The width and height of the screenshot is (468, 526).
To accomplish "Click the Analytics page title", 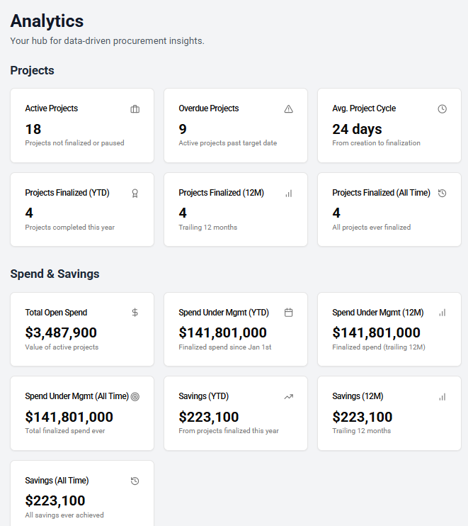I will click(47, 21).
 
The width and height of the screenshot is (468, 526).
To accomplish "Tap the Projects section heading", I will click(32, 70).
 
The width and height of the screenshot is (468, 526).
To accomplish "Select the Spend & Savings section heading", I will click(55, 274).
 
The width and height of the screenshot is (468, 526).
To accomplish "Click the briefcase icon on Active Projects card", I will click(135, 109).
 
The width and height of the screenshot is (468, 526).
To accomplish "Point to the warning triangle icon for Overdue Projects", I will click(288, 109).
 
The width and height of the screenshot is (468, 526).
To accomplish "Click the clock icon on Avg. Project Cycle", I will click(442, 109).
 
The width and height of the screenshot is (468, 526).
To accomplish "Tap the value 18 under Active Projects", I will click(33, 129).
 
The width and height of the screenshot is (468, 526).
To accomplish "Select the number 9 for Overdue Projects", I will click(183, 129).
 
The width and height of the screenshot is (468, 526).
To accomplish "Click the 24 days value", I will click(357, 129).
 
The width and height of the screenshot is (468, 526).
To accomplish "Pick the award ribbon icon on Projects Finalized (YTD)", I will click(135, 193).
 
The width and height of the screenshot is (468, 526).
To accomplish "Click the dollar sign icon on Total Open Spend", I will click(135, 313).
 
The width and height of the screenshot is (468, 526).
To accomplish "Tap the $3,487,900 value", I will click(61, 332).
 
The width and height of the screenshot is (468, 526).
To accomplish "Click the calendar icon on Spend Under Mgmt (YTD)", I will click(288, 313).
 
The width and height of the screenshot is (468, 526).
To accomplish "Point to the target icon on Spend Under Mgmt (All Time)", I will click(135, 396).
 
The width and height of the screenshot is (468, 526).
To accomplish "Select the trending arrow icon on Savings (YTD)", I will click(288, 396).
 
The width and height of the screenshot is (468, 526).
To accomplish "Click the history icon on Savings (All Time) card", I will click(135, 481).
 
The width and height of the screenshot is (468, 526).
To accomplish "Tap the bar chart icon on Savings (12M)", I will click(442, 396).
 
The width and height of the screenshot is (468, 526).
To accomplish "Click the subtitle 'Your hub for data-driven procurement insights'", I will click(107, 41).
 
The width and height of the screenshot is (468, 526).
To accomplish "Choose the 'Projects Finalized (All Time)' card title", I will click(381, 193).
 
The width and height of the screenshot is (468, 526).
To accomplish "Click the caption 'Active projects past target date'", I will click(227, 143).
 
